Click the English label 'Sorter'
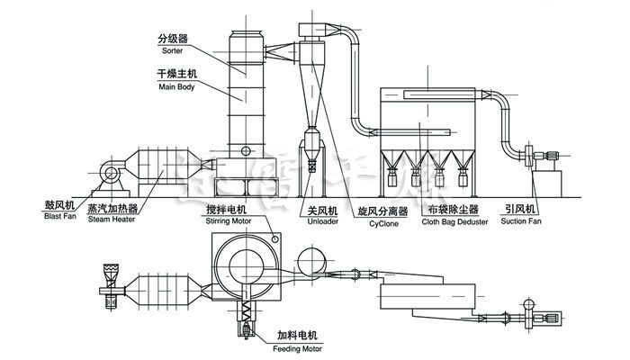172,51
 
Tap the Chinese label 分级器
171,40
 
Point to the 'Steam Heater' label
112,217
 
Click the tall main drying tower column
244,99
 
